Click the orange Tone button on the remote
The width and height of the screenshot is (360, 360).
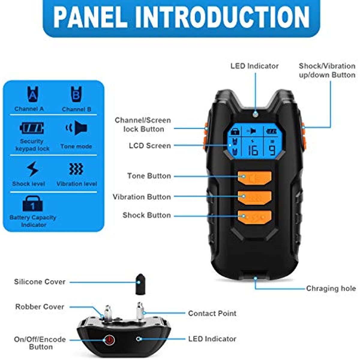254,178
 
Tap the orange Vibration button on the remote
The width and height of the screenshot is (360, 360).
254,197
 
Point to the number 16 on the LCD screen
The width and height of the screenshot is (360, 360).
253,150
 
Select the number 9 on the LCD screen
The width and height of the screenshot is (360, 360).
272,150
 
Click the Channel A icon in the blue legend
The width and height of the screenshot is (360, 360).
33,94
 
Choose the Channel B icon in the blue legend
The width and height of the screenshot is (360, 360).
76,94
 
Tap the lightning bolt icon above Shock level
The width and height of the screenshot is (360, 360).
32,169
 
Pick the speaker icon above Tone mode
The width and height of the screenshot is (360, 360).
76,128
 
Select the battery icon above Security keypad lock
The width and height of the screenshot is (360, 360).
32,128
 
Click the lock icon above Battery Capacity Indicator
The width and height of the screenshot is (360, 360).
32,203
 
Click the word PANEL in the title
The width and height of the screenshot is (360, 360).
90,17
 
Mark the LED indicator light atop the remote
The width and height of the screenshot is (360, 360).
255,114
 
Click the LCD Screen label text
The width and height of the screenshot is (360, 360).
150,146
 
